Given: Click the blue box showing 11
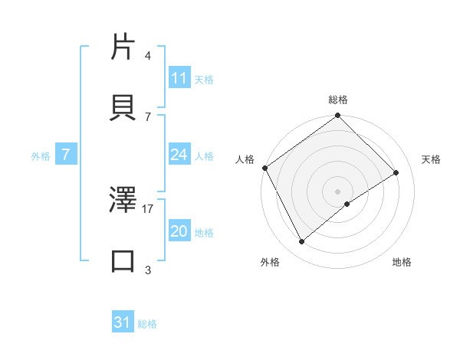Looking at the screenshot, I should click(179, 77).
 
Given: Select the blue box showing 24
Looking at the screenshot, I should click(179, 155).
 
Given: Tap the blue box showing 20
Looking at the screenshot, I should click(179, 231).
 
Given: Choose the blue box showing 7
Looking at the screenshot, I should click(66, 155).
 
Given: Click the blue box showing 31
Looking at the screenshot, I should click(123, 322).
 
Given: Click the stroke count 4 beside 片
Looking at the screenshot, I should click(148, 56).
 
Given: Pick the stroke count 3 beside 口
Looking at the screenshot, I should click(148, 270).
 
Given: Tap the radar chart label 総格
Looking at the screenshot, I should click(338, 100).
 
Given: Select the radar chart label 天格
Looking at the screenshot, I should click(431, 159).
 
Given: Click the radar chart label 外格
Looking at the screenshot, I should click(270, 262).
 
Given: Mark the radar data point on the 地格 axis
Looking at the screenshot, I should click(347, 204).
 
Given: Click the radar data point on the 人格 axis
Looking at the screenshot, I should click(264, 168).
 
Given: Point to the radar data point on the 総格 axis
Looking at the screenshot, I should click(338, 116).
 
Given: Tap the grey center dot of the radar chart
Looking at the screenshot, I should click(338, 191).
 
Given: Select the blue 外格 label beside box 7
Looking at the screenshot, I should click(41, 155).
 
